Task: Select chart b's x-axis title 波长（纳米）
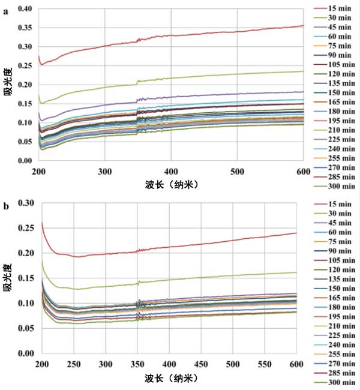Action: click(170, 379)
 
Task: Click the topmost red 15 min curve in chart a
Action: click(240, 35)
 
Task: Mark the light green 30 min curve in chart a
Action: click(240, 76)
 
